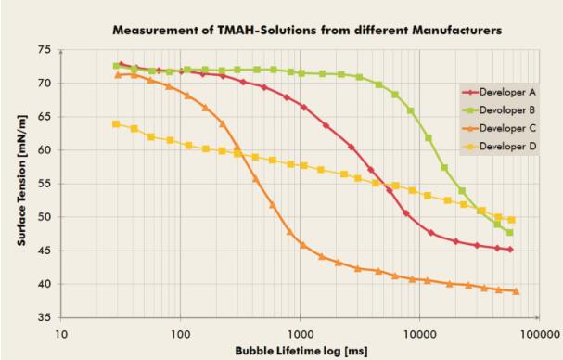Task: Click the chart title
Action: (307, 31)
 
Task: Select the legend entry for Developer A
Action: (499, 93)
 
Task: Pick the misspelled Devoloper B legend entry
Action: (499, 109)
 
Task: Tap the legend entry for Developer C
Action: (499, 128)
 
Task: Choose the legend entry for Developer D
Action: (499, 147)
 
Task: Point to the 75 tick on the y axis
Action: (45, 49)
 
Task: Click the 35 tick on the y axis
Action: (45, 317)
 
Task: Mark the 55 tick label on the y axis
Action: (45, 184)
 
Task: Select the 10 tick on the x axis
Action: (61, 335)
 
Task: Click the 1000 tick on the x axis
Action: (301, 335)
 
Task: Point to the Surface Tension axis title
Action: (22, 181)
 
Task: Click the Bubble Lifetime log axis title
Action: (301, 351)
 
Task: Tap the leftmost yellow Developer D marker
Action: (116, 124)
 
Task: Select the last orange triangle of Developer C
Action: (516, 291)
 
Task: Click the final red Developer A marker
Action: (510, 250)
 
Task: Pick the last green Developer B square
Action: (509, 233)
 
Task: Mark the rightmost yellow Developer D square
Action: (512, 220)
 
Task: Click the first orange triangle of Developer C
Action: (118, 75)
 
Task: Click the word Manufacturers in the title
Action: (457, 31)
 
